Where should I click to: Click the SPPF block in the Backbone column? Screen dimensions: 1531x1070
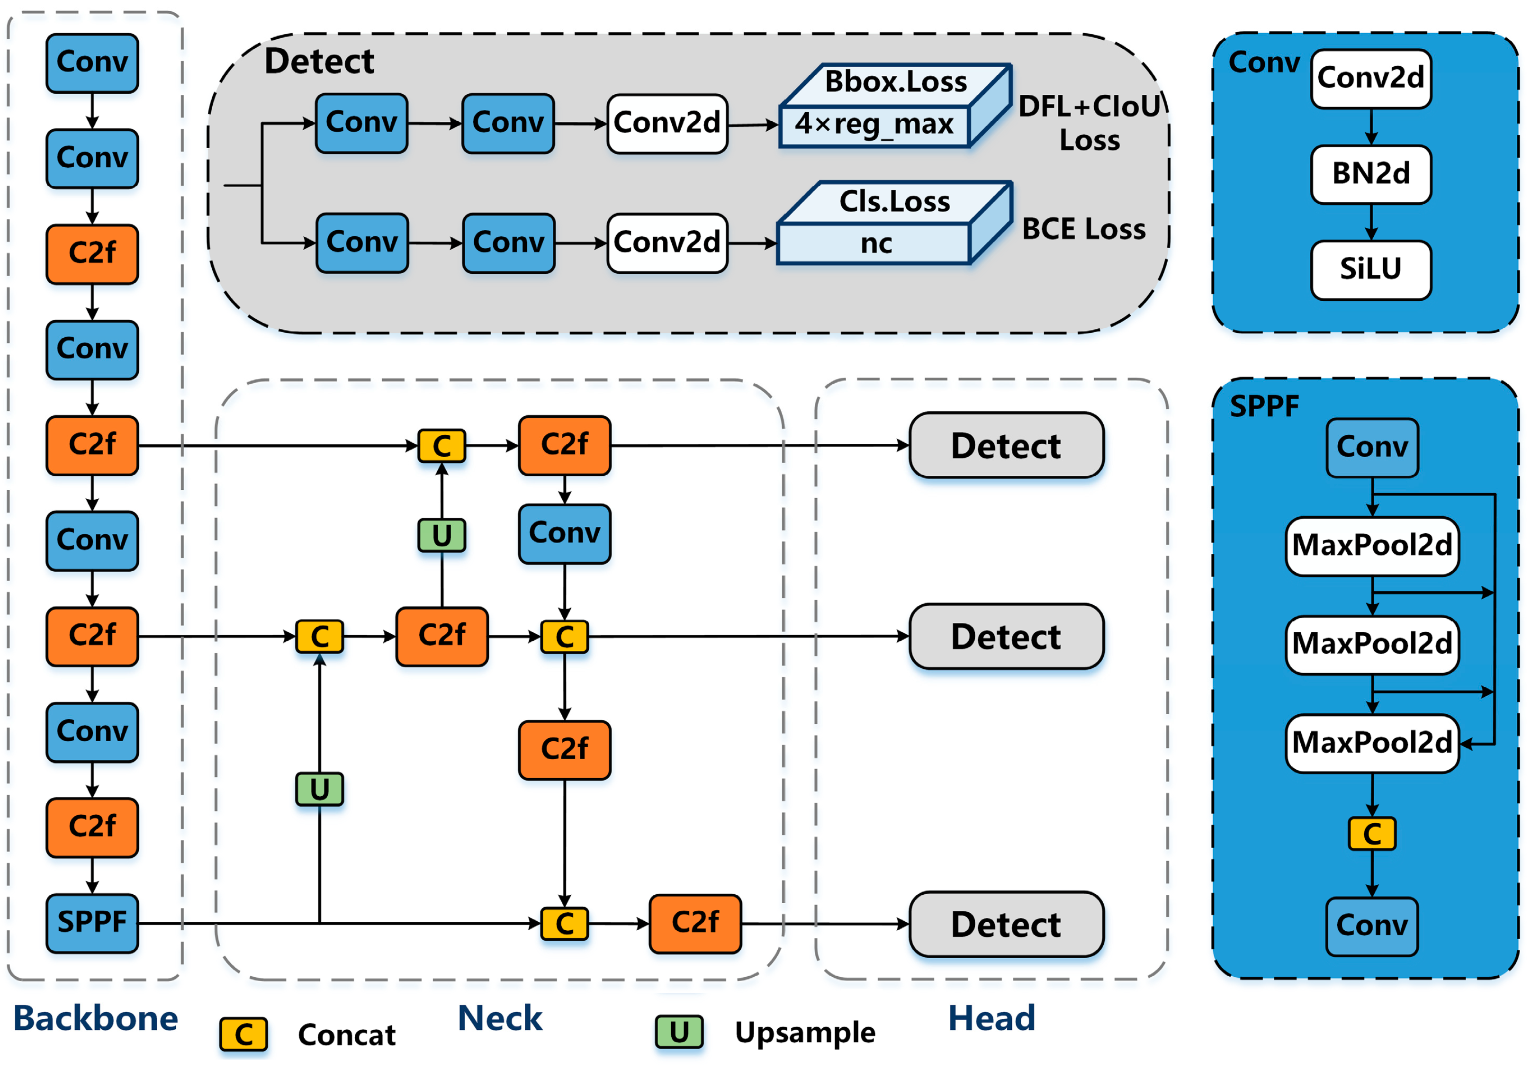coord(92,923)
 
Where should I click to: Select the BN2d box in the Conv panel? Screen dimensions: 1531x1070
coord(1371,174)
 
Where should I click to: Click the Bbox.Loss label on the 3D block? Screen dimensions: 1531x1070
coord(895,82)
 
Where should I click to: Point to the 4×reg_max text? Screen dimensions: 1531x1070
coord(874,125)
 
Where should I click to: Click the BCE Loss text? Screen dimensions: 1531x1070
coord(1083,229)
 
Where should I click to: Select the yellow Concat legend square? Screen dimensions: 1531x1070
coord(243,1034)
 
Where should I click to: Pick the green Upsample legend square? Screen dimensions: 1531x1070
coord(679,1032)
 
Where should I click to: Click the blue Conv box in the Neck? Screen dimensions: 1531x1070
coord(565,533)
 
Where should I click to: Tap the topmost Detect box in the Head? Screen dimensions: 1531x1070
coord(1006,445)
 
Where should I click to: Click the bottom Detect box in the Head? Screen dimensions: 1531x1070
coord(1006,924)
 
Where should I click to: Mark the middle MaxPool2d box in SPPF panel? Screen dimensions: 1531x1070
coord(1372,645)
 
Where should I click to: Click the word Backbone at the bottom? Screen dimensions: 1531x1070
coord(96,1019)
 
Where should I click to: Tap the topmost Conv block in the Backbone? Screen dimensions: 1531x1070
coord(92,63)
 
